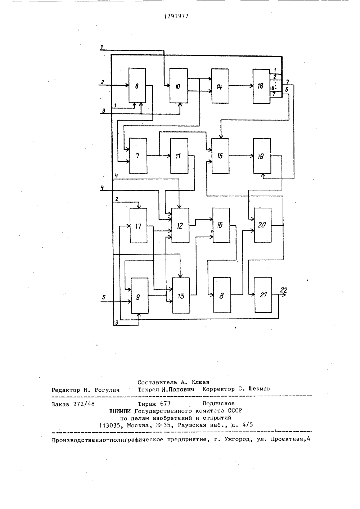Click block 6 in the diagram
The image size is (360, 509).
tap(137, 85)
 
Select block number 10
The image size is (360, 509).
tap(179, 86)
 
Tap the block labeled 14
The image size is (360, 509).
tap(220, 86)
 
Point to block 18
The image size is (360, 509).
tap(261, 86)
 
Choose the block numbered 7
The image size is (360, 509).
tap(138, 156)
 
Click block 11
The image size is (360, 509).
tap(179, 156)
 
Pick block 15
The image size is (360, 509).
tap(220, 156)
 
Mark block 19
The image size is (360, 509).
tap(262, 156)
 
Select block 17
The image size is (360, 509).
tap(138, 226)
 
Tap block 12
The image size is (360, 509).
tap(180, 225)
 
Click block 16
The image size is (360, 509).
tap(221, 225)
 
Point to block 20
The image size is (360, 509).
tap(262, 225)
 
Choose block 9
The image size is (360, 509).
tap(140, 296)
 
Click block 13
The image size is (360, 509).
tap(181, 296)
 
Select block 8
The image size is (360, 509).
tap(222, 295)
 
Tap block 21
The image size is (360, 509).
tap(263, 295)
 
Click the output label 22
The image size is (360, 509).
tap(284, 290)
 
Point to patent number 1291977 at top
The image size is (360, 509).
tap(176, 16)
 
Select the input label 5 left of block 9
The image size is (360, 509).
tap(104, 297)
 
